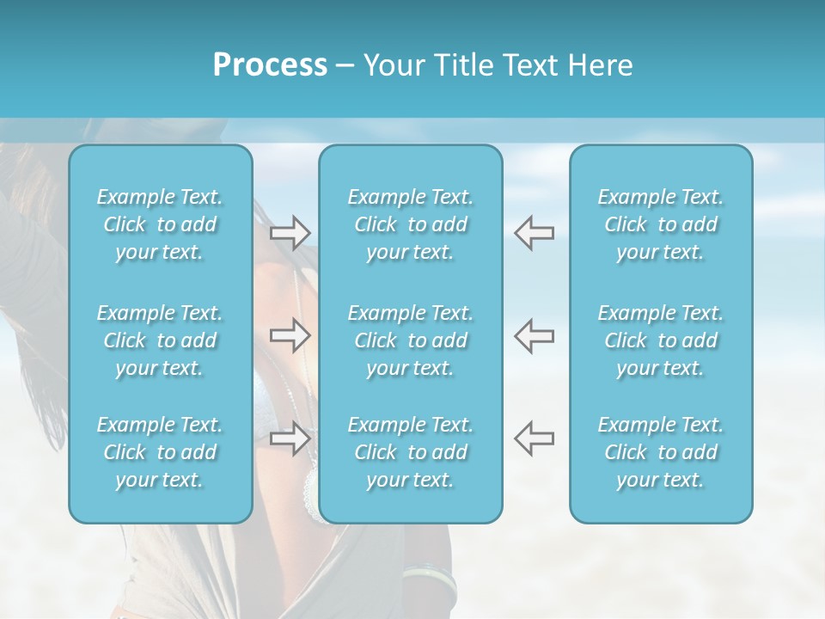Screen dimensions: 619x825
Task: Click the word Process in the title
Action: tap(270, 65)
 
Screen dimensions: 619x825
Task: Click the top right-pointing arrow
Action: tap(290, 232)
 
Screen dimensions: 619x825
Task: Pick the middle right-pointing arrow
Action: tap(290, 335)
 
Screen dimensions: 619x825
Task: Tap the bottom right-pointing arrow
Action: tap(290, 438)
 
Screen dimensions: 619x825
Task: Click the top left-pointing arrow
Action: tap(534, 232)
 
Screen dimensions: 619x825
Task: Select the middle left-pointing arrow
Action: tap(534, 335)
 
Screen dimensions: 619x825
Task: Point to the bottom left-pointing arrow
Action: tap(534, 438)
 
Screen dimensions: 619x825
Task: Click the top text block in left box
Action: tap(160, 224)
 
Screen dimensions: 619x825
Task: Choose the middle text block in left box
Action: tap(160, 340)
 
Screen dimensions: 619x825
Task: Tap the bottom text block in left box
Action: tap(160, 452)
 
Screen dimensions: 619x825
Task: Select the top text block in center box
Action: tap(411, 224)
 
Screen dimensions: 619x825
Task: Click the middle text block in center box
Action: tap(411, 340)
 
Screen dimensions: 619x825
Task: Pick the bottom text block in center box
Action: tap(411, 452)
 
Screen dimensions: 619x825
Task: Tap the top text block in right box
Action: tap(661, 224)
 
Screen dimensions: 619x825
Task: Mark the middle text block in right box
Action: tap(661, 340)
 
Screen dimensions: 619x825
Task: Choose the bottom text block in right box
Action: tap(661, 452)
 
